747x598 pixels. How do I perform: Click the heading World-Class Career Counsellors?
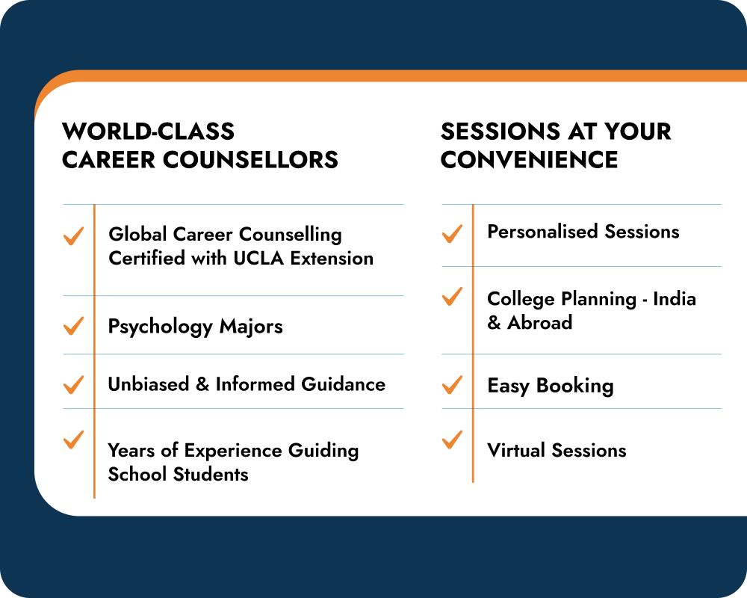pos(200,146)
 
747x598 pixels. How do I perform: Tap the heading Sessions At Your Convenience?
pos(556,146)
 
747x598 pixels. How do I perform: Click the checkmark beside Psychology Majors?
pos(73,326)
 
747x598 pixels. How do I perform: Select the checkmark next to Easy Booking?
pos(452,385)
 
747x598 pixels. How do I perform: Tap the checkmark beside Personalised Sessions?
pos(452,234)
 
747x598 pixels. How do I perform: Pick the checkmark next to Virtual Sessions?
pos(452,440)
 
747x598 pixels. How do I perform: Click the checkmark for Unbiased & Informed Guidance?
pos(73,385)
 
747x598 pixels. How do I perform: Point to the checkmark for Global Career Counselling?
pos(73,236)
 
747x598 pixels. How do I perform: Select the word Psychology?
pos(160,327)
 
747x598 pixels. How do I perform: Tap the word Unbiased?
pos(148,384)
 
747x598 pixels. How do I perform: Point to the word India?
pos(675,299)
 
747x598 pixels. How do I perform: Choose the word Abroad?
pos(540,323)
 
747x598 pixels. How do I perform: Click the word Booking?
pos(575,386)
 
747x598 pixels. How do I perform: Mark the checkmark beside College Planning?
pos(452,296)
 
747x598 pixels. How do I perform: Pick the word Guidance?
pos(343,384)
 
